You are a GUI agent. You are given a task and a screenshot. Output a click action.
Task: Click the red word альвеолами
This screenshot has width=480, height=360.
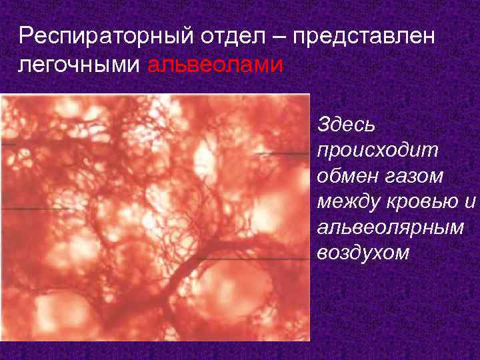click(x=215, y=65)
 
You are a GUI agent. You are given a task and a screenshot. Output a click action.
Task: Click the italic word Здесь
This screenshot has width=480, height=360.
click(x=347, y=125)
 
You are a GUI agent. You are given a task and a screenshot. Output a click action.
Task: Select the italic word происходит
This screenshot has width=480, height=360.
click(x=379, y=150)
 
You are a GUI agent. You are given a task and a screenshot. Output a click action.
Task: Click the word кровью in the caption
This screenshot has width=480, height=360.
click(x=420, y=202)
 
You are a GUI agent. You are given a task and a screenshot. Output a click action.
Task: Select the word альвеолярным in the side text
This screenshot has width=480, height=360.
click(x=390, y=227)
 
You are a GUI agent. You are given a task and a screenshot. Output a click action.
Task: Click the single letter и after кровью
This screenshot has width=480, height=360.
click(x=469, y=202)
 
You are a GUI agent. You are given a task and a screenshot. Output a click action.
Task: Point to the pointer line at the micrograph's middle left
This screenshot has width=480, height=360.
click(x=33, y=209)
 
